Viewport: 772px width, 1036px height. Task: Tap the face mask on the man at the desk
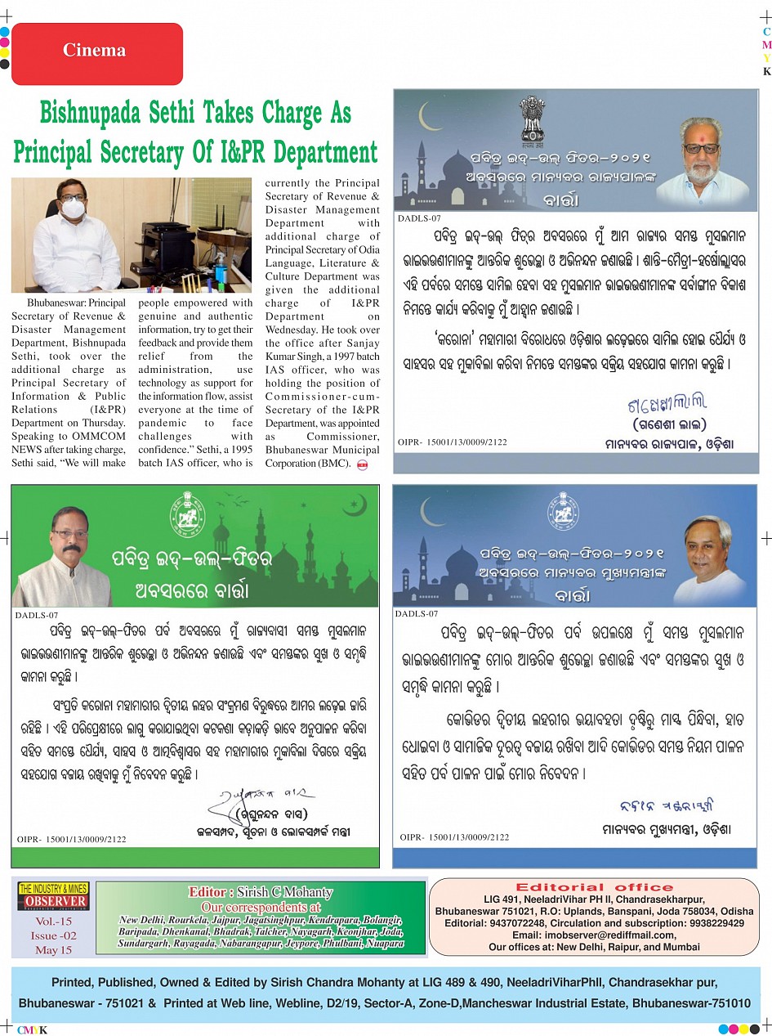73,209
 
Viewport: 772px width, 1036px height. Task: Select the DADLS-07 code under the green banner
38,615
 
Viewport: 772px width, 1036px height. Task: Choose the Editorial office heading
594,887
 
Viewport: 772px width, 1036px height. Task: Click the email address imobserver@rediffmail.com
594,935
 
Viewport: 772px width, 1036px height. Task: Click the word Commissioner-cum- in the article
322,397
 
